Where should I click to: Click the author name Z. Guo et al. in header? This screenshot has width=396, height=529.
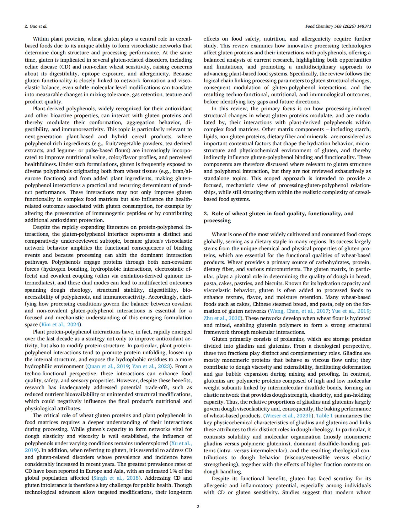[36, 26]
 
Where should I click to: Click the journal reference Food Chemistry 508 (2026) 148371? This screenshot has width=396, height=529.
[338, 26]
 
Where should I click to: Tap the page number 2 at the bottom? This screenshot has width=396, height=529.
[198, 506]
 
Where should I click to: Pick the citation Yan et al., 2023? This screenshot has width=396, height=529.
[151, 366]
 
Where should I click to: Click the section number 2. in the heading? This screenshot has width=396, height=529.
[206, 214]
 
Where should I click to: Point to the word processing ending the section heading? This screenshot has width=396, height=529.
[217, 221]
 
